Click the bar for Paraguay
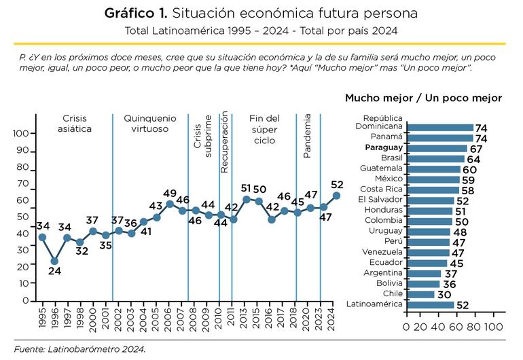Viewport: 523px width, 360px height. tap(436, 148)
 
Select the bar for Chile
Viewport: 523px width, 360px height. tap(420, 294)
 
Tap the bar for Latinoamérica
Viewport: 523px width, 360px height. tap(430, 305)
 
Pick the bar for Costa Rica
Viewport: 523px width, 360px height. tap(432, 190)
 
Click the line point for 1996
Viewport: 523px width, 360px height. tap(54, 261)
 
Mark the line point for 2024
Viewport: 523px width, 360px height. tap(336, 196)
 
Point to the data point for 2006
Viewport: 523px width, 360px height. tap(170, 204)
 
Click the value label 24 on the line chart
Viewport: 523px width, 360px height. tap(54, 272)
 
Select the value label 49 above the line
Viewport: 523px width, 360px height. tap(170, 193)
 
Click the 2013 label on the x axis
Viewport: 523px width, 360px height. tap(246, 318)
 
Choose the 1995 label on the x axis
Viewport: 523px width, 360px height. tap(42, 318)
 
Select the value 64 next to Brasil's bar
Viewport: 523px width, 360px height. tap(473, 159)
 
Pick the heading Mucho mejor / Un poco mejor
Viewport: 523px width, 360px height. tap(423, 98)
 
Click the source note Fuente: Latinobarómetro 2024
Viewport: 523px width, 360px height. tap(80, 349)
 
